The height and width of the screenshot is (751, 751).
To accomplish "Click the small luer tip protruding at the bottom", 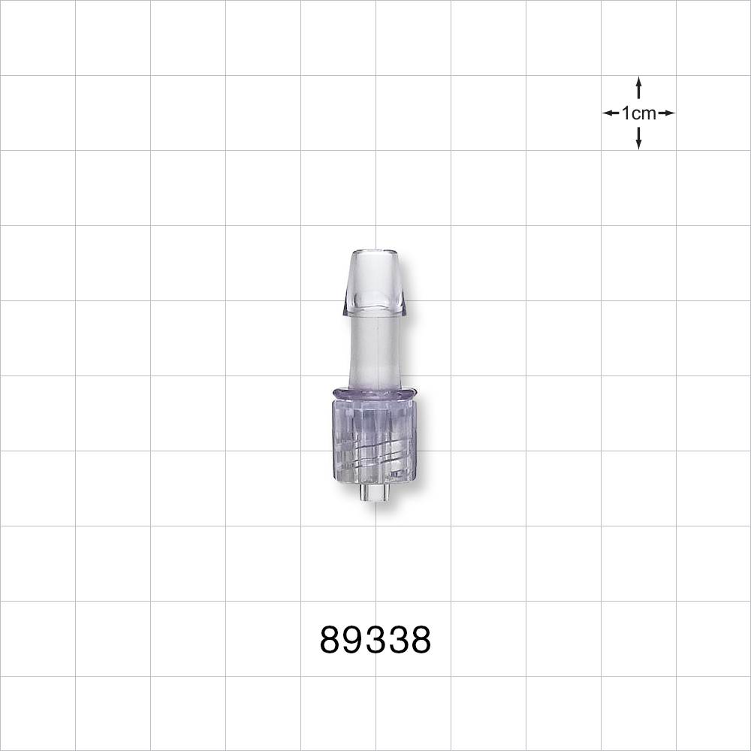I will (373, 493).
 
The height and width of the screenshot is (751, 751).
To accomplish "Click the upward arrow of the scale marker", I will (638, 86).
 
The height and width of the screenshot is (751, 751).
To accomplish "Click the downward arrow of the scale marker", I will (638, 140).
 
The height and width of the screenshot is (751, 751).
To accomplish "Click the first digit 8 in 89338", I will (331, 641).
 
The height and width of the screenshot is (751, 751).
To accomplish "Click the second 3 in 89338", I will (398, 641).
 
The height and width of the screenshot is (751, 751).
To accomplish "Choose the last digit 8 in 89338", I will (421, 641).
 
